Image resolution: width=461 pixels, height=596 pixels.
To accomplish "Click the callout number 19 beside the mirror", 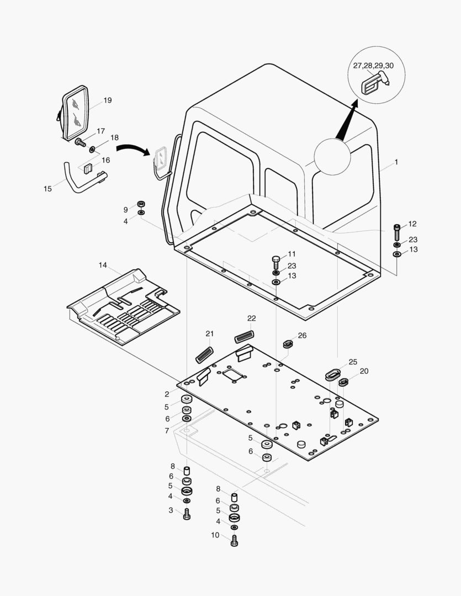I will (x=107, y=100).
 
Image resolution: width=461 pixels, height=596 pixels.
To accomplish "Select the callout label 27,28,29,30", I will (x=373, y=66).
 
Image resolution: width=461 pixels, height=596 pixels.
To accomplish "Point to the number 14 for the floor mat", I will (x=103, y=265).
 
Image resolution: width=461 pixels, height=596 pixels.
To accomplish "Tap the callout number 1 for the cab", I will (x=396, y=162).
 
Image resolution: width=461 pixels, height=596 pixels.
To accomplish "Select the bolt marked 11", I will (x=277, y=260).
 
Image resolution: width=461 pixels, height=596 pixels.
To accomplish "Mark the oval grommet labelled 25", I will (x=333, y=374).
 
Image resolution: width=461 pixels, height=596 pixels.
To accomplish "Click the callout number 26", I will (x=302, y=336).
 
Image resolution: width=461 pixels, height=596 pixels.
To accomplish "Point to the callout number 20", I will (x=364, y=371).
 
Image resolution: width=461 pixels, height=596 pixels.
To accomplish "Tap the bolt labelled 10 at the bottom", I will (x=234, y=540).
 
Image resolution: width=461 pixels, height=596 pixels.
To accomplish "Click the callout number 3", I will (x=171, y=510).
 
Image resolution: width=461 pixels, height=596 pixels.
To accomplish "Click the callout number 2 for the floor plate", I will (x=167, y=394).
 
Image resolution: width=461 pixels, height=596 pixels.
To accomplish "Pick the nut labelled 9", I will (x=141, y=204).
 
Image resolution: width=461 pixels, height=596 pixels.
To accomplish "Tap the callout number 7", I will (x=167, y=430).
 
